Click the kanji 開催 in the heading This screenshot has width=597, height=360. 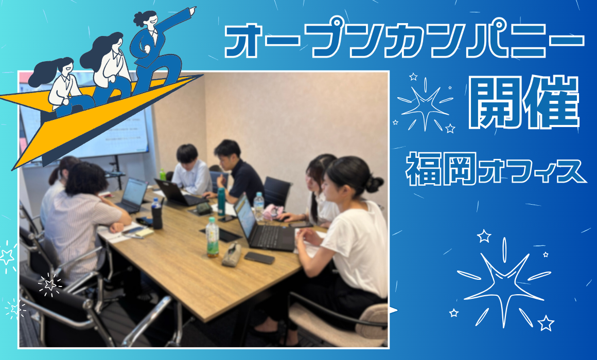[524, 102]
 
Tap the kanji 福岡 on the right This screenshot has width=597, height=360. [442, 169]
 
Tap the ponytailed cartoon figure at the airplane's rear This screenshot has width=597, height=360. [61, 84]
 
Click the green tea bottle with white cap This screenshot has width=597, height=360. [212, 237]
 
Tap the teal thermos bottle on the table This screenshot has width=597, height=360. [221, 202]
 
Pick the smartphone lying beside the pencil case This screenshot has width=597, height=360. [259, 258]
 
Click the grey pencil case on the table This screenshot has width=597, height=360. [232, 254]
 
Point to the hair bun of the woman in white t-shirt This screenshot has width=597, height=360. [374, 184]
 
